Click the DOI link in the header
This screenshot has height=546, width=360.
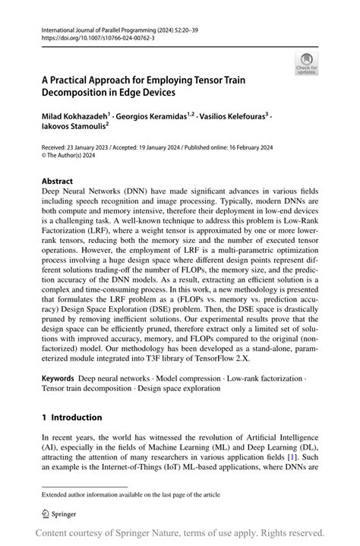92,35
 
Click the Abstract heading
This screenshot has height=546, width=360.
58,182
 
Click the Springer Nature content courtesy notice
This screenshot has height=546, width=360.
183,532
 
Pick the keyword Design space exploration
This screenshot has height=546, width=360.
171,388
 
